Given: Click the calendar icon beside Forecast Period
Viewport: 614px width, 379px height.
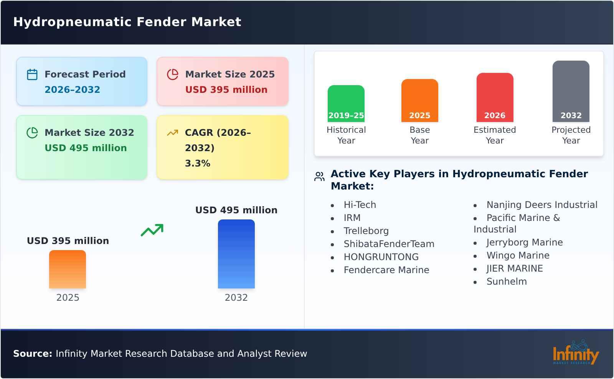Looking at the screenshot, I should coord(32,74).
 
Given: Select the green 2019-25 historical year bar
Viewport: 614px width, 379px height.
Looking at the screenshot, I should coord(346,103).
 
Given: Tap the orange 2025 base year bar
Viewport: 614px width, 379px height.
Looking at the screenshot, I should coord(419,101).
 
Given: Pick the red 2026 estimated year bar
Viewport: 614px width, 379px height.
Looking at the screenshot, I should coord(495,97).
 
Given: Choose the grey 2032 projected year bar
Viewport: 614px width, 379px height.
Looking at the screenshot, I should coord(571,91).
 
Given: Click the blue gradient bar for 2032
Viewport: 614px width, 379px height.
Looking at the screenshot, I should coord(236,254).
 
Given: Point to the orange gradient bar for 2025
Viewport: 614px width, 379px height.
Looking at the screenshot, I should coord(68,269).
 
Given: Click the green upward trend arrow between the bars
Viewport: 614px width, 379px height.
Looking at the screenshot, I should coord(152,230).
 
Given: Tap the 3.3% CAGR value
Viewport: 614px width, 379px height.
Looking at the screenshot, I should coord(197,163).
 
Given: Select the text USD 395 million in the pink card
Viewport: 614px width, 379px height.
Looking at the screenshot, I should coord(226,90).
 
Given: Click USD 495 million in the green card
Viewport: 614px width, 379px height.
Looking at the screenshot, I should coord(86,148).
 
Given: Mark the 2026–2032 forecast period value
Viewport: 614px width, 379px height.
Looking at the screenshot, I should coord(72,90).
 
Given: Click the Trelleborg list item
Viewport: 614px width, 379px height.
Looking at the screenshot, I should coord(366,231).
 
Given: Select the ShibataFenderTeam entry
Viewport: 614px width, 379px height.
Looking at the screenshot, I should coord(389,244).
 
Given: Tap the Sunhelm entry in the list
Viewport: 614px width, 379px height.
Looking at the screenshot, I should coord(507,282).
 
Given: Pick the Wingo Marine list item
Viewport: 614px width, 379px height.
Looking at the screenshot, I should coord(518,255).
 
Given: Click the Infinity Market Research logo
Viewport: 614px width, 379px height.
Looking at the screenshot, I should coord(575,353).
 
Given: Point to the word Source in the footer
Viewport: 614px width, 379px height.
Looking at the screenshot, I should coord(32,354).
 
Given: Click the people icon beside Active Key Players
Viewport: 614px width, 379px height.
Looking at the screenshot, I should coord(319,176).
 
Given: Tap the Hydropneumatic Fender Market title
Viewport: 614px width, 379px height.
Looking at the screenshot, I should coord(127,22).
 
